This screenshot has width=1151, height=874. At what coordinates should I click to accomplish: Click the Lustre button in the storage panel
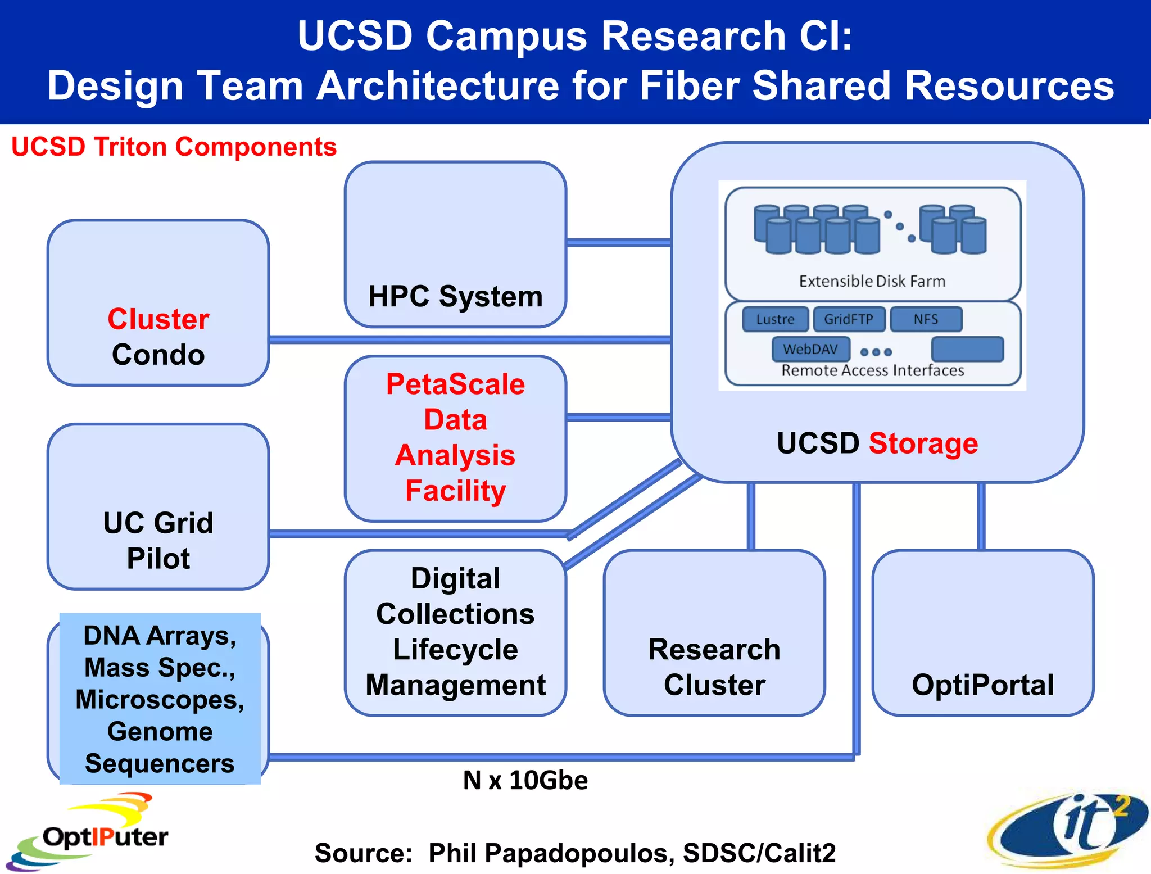(775, 319)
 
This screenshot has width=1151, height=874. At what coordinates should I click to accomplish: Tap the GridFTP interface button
(849, 319)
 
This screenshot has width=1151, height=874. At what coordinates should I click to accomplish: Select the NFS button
(926, 319)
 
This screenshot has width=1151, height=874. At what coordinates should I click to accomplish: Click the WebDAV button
(810, 349)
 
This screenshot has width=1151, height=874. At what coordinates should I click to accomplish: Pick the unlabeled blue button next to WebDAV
(967, 349)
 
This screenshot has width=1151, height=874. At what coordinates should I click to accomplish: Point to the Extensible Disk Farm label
(872, 281)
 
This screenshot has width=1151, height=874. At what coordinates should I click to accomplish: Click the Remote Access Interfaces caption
(872, 370)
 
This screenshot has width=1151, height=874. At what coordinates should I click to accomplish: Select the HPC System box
(455, 244)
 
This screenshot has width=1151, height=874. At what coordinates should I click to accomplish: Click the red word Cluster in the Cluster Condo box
(158, 319)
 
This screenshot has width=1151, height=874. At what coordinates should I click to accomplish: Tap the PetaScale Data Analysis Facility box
(455, 438)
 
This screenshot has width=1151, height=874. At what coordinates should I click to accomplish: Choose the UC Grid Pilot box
(158, 506)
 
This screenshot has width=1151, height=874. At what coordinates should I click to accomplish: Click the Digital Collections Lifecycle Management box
(455, 632)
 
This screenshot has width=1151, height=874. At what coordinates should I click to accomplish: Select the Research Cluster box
(714, 632)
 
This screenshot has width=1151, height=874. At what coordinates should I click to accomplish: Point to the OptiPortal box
(982, 632)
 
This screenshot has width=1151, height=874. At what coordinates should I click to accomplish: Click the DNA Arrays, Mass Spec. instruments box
(160, 699)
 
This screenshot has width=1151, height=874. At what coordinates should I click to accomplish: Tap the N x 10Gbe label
(525, 780)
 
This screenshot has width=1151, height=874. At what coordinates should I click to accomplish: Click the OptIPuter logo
(90, 832)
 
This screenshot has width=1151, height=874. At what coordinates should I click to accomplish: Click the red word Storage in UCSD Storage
(923, 443)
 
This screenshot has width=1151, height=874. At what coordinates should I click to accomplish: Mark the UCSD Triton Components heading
(174, 147)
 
